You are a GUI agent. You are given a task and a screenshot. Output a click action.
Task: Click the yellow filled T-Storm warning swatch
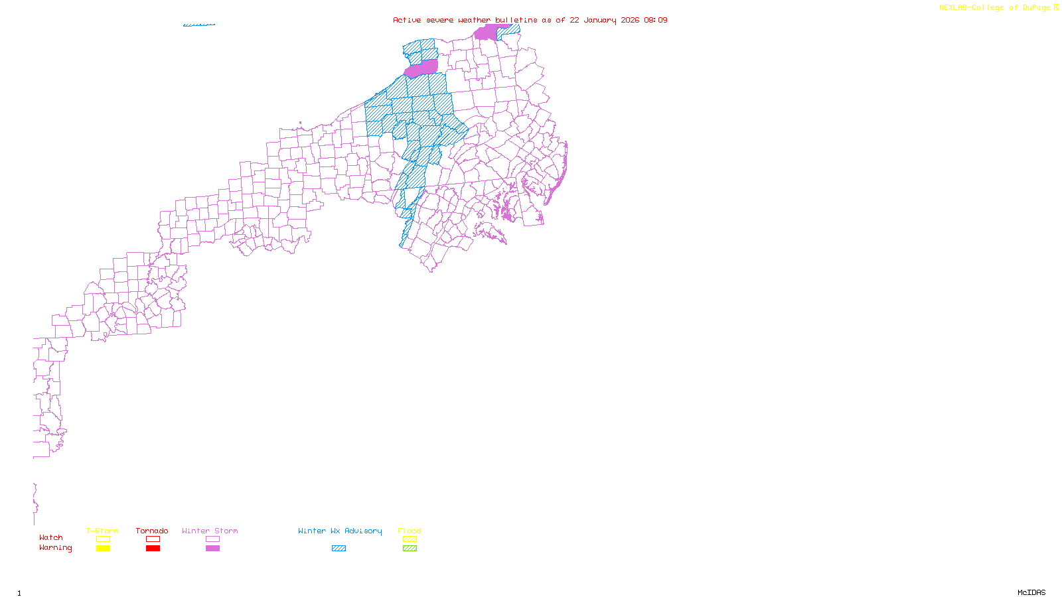(103, 549)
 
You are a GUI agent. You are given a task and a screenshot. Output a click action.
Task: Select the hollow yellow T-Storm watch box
(103, 539)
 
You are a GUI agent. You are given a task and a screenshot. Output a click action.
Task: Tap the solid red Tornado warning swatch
(153, 549)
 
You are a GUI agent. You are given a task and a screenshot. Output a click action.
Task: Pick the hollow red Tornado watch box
(153, 539)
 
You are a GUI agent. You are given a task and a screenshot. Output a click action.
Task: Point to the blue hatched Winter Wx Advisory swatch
(339, 549)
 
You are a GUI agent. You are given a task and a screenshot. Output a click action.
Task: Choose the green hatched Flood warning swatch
(410, 549)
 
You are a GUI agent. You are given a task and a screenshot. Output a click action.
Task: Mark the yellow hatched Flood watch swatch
(410, 539)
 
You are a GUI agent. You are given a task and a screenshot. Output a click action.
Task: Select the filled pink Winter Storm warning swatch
(212, 549)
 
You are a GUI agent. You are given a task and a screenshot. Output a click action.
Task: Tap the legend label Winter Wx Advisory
(340, 531)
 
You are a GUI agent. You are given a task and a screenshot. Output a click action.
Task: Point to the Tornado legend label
(152, 531)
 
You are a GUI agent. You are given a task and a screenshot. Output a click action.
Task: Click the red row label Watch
(51, 538)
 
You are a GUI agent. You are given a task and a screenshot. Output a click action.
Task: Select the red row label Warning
(55, 548)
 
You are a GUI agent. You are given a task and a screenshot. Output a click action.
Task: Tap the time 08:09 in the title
(655, 20)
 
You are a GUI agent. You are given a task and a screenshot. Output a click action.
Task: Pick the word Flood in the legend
(410, 531)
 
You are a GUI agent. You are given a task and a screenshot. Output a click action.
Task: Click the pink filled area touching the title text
(486, 33)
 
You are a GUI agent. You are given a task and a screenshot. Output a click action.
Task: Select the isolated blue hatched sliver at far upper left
(199, 25)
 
